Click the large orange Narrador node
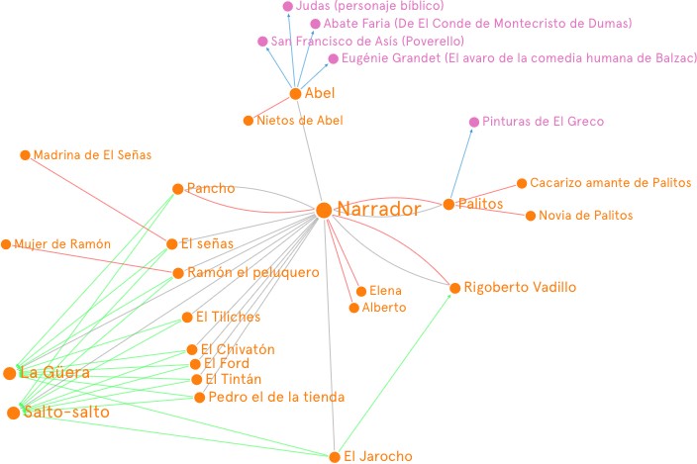pos(323,210)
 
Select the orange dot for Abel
pos(295,94)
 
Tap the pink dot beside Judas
pos(288,6)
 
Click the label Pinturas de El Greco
pos(543,122)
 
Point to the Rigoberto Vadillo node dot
pos(454,288)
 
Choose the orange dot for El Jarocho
pos(335,457)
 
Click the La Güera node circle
pos(10,373)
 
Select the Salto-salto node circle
pos(13,412)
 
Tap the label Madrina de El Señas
pos(92,155)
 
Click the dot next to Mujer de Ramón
pos(6,244)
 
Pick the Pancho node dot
pos(177,188)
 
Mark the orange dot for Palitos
pos(448,204)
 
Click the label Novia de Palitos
pos(585,216)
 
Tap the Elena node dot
pos(360,291)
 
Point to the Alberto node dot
pos(353,308)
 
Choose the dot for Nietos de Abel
pos(248,121)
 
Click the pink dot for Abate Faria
pos(315,24)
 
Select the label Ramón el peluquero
pos(252,273)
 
